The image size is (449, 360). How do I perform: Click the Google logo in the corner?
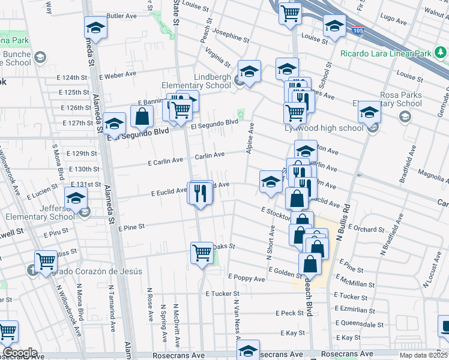[x=19, y=353]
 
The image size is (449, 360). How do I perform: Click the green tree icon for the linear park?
[x=442, y=53]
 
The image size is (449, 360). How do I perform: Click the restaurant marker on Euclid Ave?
[x=200, y=193]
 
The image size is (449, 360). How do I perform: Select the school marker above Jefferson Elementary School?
[x=76, y=199]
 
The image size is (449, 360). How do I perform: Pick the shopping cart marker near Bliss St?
[x=46, y=261]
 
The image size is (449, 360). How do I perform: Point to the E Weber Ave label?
[x=118, y=75]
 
